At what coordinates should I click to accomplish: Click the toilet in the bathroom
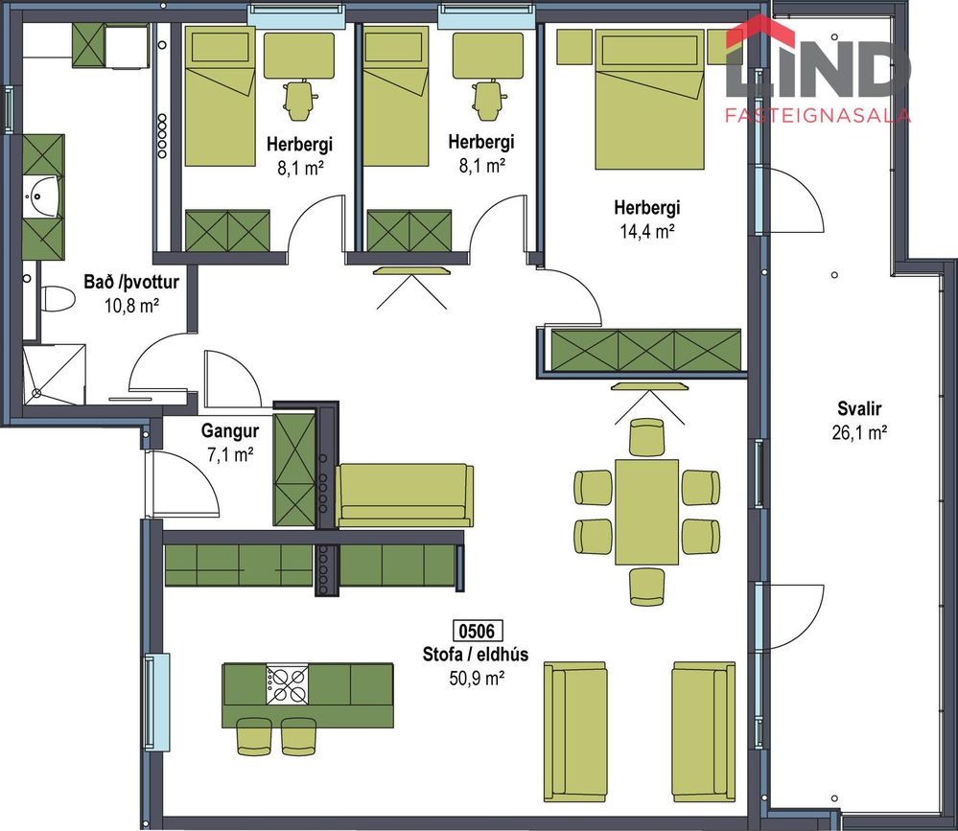pos(58,299)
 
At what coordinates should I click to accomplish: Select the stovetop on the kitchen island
pos(287,683)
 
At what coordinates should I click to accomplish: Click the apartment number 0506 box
pos(477,630)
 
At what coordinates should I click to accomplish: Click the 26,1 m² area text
pos(859,432)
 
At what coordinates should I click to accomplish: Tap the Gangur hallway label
pos(230,431)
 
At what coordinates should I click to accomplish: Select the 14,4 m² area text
pos(647,231)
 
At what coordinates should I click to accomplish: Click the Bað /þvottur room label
pos(131,282)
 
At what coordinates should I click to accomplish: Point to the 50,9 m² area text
pos(477,678)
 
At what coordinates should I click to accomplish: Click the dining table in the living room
pos(646,512)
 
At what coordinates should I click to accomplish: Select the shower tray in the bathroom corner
pos(54,374)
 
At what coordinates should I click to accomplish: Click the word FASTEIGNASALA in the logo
pos(818,115)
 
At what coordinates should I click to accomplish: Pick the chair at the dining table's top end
pos(647,436)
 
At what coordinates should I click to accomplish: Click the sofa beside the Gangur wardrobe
pos(405,496)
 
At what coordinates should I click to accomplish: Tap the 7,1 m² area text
pos(230,455)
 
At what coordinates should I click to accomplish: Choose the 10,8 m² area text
pos(131,306)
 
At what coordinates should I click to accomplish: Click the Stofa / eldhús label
pos(476,654)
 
